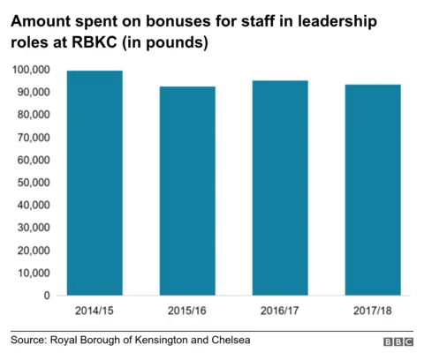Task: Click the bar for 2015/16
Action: coord(188,191)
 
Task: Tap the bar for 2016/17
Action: coord(280,188)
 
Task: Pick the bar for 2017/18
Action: coord(372,190)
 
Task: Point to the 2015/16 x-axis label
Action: coord(188,311)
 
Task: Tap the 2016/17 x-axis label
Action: coord(280,311)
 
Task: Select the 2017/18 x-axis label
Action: coord(372,311)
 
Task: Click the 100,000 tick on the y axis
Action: coord(30,70)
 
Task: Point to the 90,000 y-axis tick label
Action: coord(33,92)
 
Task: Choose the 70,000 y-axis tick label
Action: coord(33,138)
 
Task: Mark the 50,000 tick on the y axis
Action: coord(33,183)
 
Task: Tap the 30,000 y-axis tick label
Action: coord(33,229)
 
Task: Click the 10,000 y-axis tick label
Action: coord(33,274)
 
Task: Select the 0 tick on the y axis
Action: coord(46,296)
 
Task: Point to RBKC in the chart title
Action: coord(107,41)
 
